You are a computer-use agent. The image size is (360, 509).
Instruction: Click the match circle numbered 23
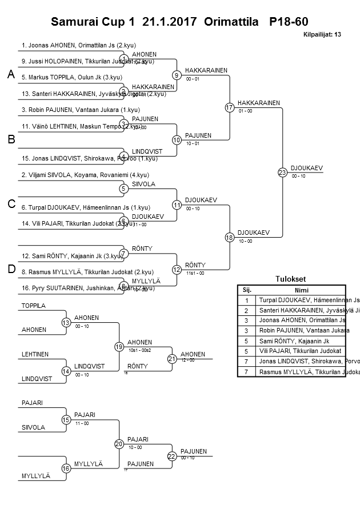[x=282, y=172]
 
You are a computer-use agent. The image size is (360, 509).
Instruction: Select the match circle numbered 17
[x=230, y=107]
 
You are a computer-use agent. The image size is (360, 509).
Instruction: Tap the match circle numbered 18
[x=230, y=237]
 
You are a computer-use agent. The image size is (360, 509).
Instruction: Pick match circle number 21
[x=172, y=359]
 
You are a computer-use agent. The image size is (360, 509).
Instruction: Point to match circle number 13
[x=66, y=323]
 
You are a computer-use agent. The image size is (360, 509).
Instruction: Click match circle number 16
[x=66, y=468]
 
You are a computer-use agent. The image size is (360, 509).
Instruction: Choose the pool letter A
[x=11, y=75]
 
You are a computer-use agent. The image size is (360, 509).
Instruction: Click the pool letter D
[x=11, y=269]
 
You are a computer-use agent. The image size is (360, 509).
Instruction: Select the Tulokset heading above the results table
[x=290, y=279]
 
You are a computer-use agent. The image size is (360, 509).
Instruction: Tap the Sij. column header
[x=246, y=290]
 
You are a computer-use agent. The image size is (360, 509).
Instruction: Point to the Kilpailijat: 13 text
[x=322, y=35]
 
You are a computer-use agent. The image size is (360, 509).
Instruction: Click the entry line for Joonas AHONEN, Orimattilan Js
[x=78, y=45]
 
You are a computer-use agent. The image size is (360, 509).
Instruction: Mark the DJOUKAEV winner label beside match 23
[x=306, y=168]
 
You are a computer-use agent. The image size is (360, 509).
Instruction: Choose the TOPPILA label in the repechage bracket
[x=33, y=306]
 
